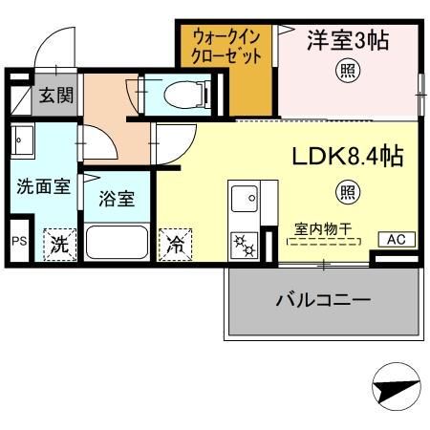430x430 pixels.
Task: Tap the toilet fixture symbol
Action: (x=181, y=95)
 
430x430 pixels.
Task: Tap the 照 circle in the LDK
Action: (x=345, y=191)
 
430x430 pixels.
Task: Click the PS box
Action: (x=19, y=242)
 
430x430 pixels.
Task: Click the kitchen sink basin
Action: (x=244, y=200)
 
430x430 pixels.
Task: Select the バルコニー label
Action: (x=324, y=300)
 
